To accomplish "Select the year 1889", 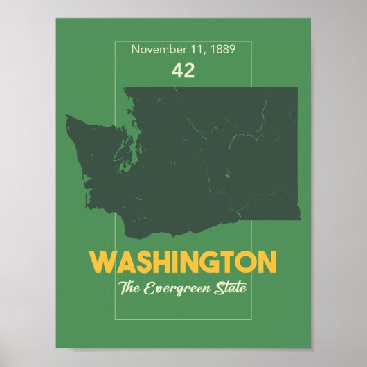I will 222,50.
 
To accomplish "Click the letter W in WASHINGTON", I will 104,262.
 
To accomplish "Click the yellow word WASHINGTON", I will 183,262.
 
